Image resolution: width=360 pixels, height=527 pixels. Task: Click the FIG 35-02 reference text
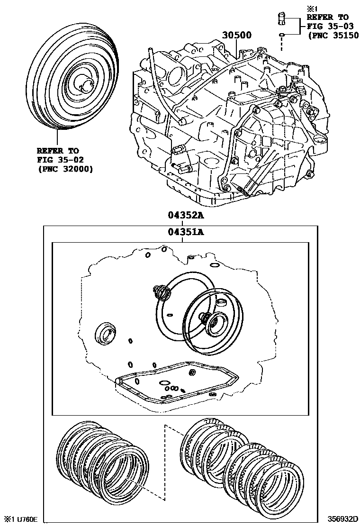pos(60,160)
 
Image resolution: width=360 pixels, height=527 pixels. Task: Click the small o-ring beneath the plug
pos(281,35)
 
